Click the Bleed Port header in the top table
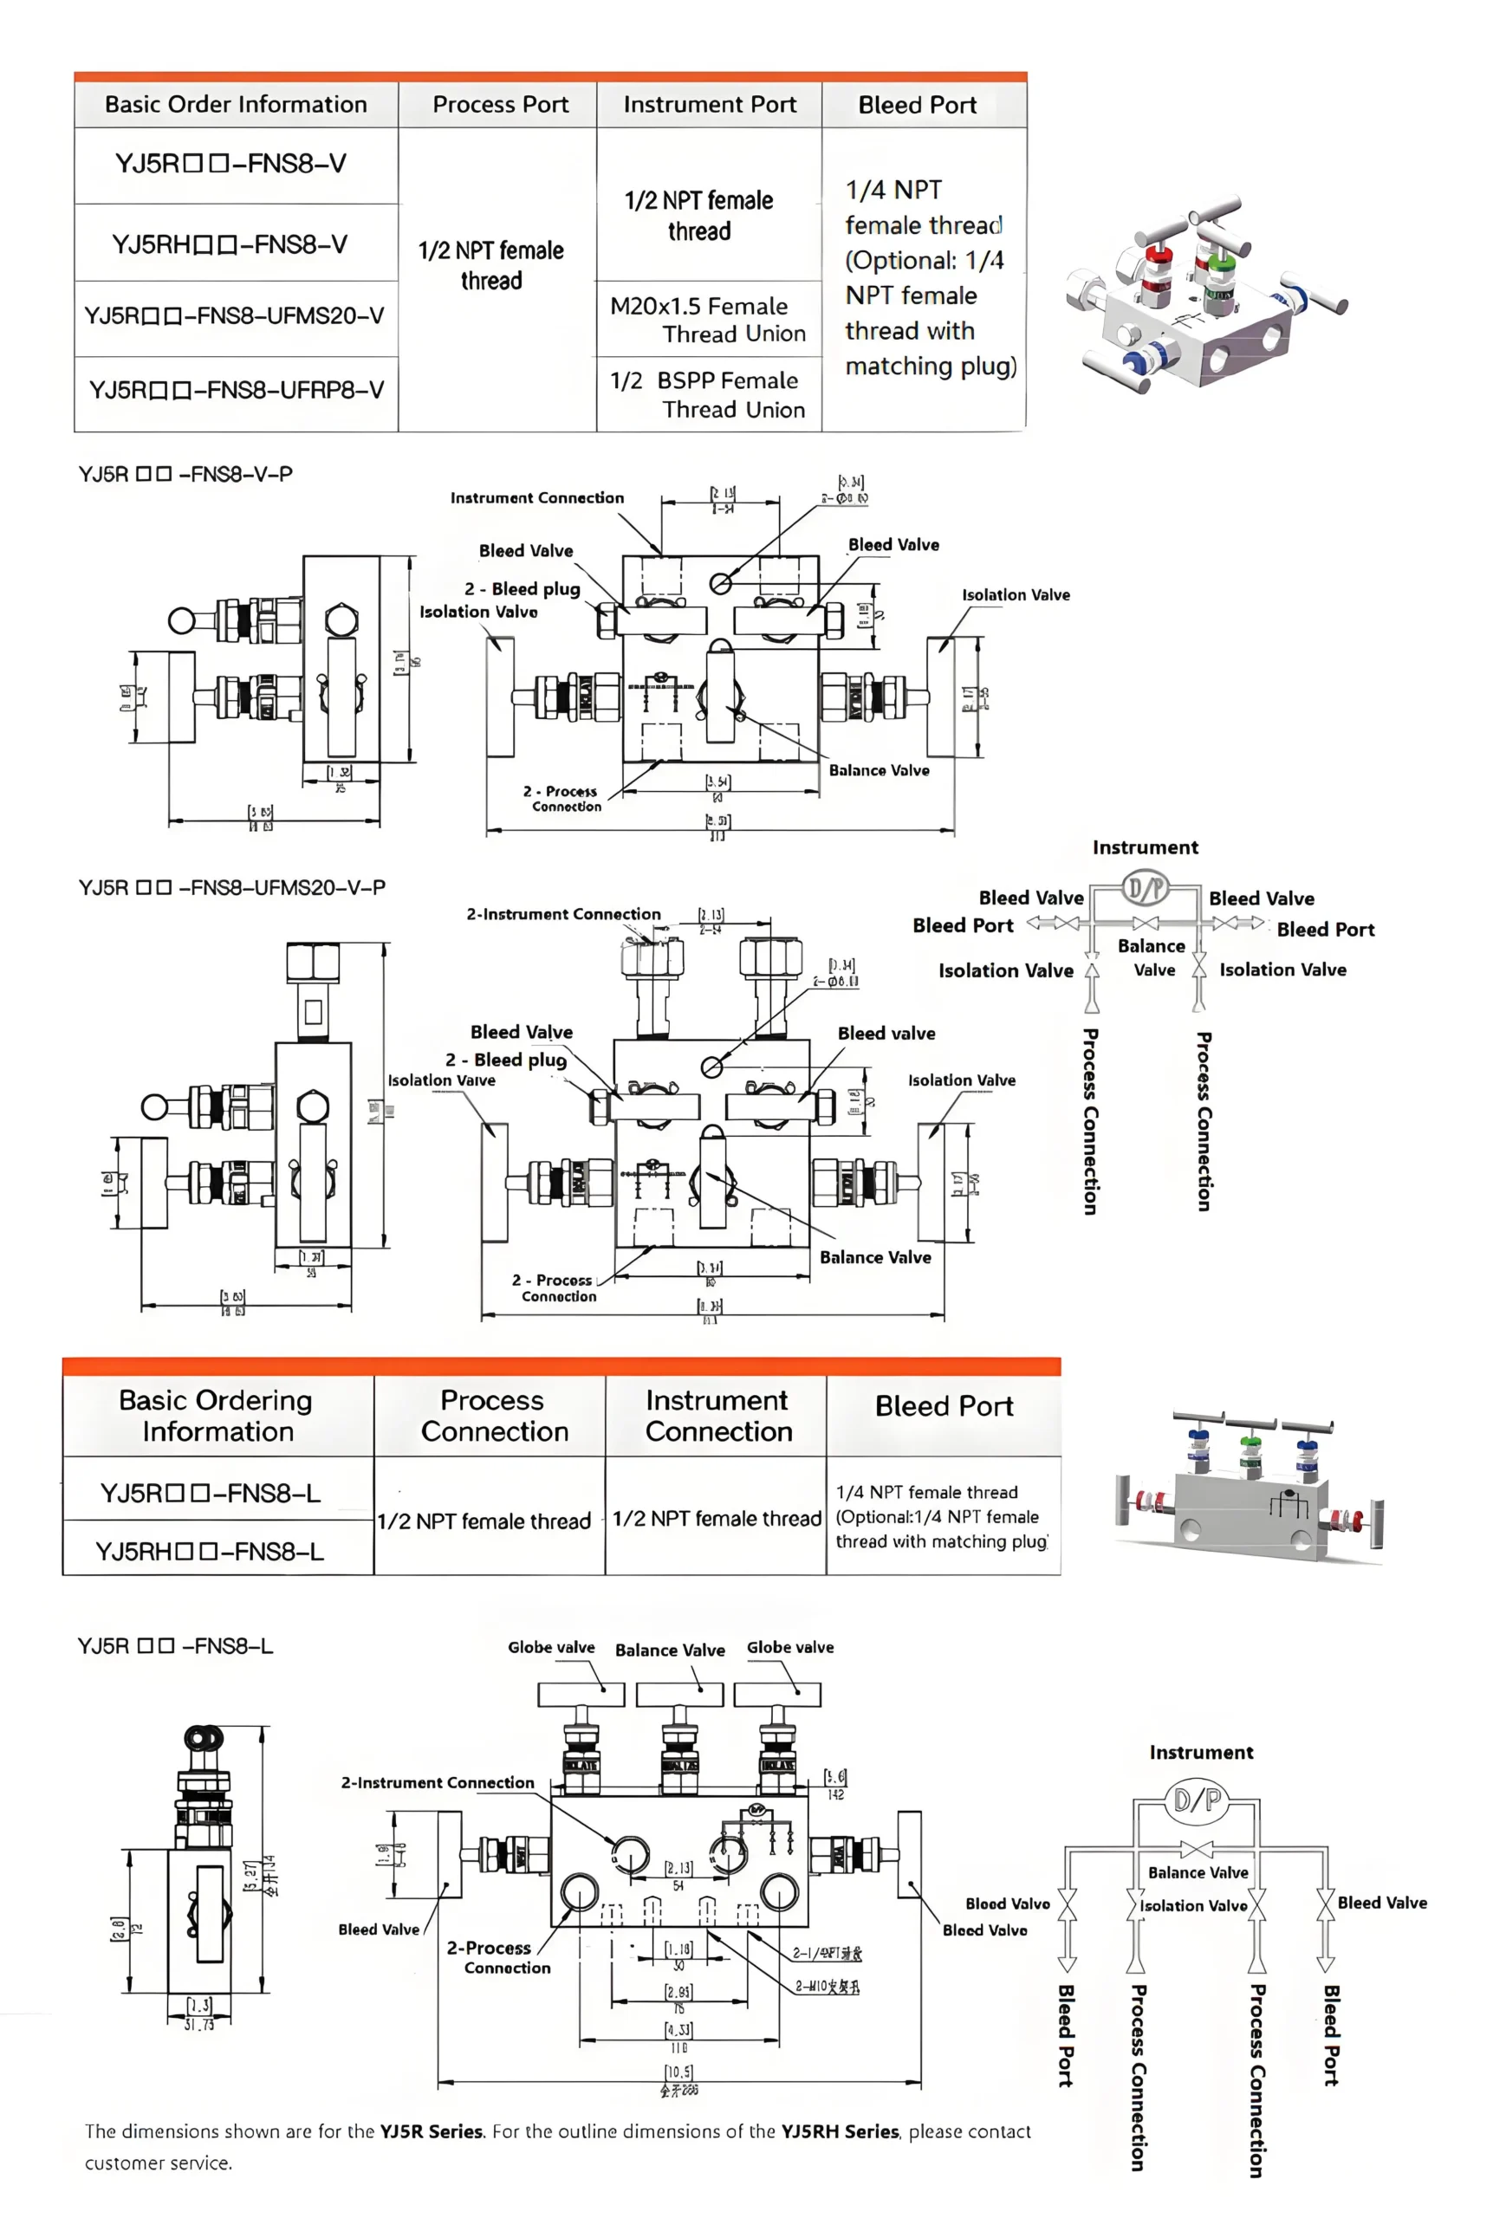(917, 105)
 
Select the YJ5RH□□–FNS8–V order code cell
(230, 244)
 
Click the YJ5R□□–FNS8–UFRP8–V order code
(237, 390)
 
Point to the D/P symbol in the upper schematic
(1145, 889)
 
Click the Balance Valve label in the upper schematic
(1152, 957)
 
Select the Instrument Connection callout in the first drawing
(537, 498)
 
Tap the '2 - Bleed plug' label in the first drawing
(522, 589)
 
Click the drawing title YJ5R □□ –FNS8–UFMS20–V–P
(231, 887)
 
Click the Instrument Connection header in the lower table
(718, 1416)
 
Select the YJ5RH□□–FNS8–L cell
(210, 1552)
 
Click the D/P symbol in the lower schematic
(1197, 1800)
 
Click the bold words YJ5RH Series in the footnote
(839, 2131)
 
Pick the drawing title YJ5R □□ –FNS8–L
(175, 1646)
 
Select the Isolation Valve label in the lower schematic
(1192, 1906)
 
